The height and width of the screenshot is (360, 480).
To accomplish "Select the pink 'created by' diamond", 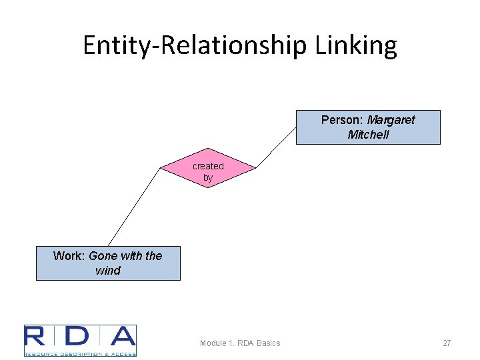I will (x=208, y=167).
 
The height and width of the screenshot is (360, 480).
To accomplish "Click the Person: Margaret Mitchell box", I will (x=367, y=127).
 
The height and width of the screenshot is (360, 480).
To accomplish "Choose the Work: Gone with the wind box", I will (x=107, y=263).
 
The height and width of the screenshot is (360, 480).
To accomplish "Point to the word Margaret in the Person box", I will (x=391, y=120).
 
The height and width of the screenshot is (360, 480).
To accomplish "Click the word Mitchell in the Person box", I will (x=368, y=135).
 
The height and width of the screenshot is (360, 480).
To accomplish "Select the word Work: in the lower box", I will (x=69, y=256).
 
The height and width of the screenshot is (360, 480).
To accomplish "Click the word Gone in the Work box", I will (x=103, y=256).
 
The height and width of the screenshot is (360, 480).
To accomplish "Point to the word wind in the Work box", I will (x=108, y=271).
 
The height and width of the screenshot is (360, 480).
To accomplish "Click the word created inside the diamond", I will (x=208, y=166).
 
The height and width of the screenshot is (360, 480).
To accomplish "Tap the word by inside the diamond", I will (x=208, y=178).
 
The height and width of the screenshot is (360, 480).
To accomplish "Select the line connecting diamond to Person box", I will (x=276, y=146).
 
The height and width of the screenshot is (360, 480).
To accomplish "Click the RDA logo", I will (x=80, y=340).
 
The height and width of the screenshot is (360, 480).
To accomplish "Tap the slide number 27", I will (x=447, y=343).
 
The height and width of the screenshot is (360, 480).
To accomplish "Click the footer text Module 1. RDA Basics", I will (x=240, y=343).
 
